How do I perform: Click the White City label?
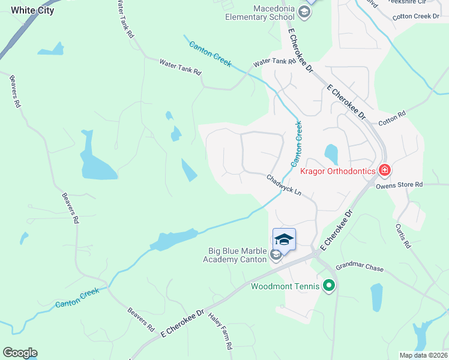[32, 10]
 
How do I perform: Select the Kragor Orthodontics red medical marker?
[384, 170]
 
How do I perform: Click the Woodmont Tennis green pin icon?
[328, 286]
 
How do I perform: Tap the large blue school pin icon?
[284, 240]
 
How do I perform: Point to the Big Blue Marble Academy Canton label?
[237, 255]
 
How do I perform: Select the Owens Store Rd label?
[399, 185]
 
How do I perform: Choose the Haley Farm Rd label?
[220, 331]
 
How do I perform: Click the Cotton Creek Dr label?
[416, 17]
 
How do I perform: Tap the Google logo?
[20, 353]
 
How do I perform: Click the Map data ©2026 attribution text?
[423, 355]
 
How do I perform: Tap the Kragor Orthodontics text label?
[338, 171]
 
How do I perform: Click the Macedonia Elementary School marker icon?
[304, 13]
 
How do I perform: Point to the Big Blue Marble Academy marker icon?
[276, 255]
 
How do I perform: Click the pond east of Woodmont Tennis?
[376, 297]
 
